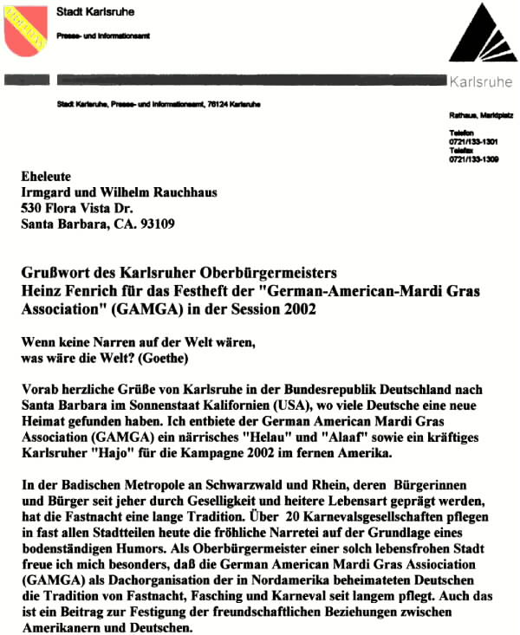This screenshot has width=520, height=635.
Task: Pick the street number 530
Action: [x=32, y=208]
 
